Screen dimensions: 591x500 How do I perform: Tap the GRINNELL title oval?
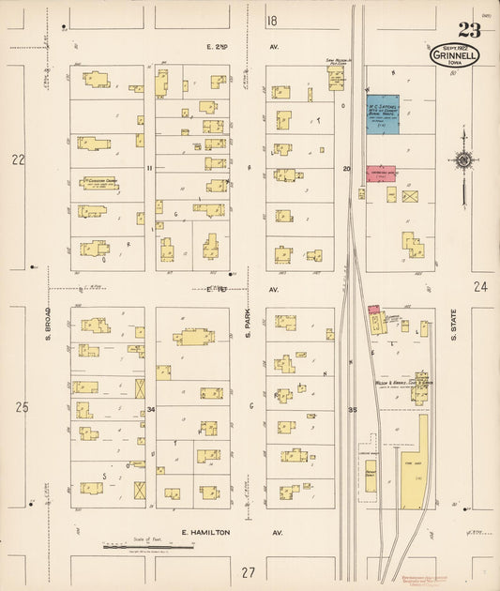point(454,55)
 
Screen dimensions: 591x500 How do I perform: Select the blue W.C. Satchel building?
point(382,114)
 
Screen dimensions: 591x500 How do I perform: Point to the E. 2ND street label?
point(218,45)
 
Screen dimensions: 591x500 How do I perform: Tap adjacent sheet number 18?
point(272,21)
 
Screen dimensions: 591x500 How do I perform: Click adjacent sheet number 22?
point(18,159)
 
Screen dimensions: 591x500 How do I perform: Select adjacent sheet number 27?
point(248,572)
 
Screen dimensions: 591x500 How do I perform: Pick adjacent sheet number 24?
point(480,286)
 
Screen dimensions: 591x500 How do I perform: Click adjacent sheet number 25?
point(21,406)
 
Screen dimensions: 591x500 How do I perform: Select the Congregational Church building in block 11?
point(99,184)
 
